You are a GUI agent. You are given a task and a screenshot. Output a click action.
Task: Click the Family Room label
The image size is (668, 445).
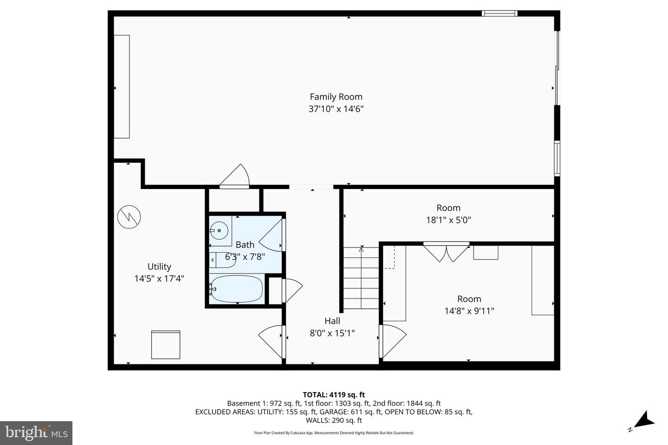[x=336, y=97]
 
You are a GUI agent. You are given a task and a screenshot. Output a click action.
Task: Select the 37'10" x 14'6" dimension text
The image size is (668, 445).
[x=336, y=109]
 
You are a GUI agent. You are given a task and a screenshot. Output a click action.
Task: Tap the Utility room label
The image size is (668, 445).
[x=159, y=267]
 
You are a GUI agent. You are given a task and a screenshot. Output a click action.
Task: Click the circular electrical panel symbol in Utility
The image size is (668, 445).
[x=129, y=217]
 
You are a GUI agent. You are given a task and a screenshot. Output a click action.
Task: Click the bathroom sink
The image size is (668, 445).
[x=218, y=229]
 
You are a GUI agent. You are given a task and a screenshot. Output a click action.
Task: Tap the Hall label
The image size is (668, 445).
[x=332, y=321]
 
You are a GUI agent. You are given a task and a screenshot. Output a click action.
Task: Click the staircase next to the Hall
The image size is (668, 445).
[x=361, y=278]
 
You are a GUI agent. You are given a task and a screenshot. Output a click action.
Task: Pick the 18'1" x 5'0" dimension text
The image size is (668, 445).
[x=448, y=220]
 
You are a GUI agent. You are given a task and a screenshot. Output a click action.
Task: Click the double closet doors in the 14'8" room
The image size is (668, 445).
[x=446, y=253]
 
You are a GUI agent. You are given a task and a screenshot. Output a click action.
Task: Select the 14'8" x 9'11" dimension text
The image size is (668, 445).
[x=469, y=311]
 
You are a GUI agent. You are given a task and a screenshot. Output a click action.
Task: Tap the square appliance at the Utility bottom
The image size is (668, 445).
[x=166, y=345]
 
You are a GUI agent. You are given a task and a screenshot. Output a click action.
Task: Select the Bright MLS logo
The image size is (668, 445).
[x=36, y=433]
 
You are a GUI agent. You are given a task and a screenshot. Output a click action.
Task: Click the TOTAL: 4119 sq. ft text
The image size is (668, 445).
[x=334, y=395]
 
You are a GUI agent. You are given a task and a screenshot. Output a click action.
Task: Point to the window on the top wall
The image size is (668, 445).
[x=500, y=13]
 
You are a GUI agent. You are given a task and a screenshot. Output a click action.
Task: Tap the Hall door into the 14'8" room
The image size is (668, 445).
[x=392, y=341]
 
